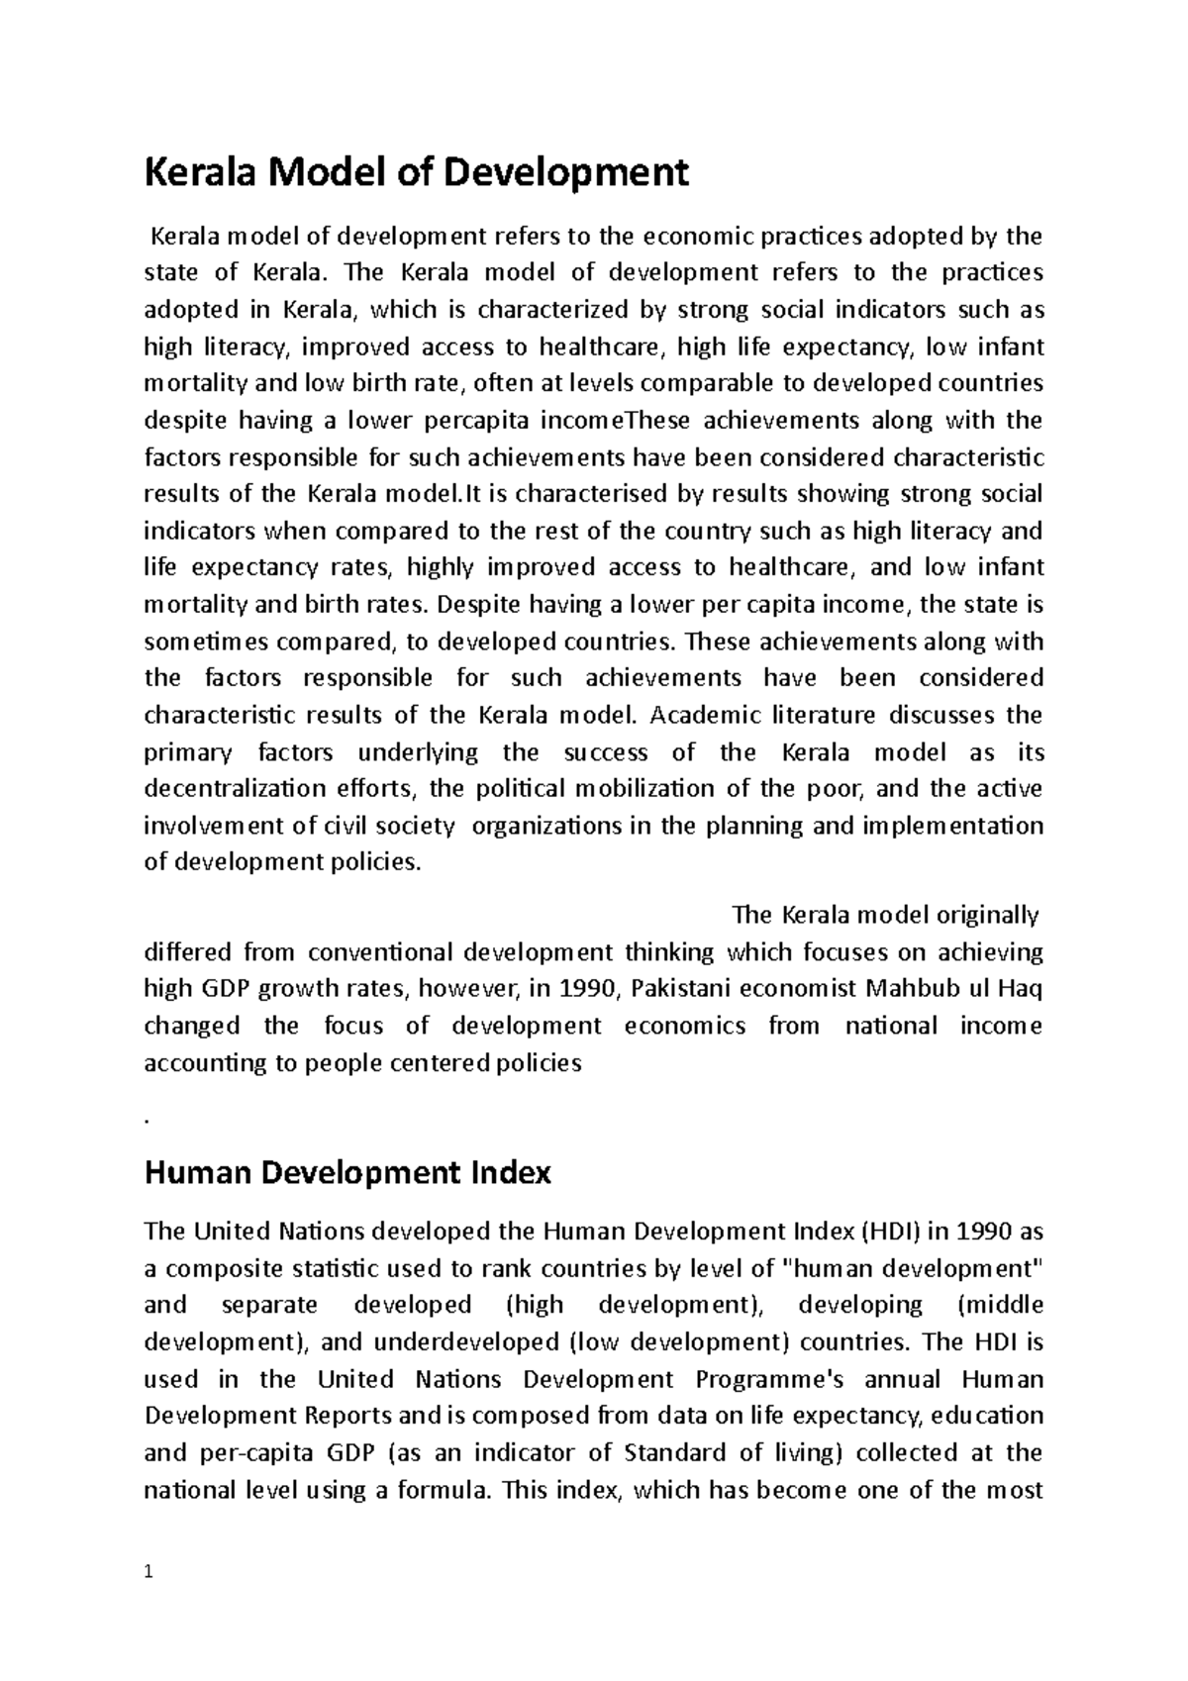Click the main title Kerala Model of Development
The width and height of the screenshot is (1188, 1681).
[416, 173]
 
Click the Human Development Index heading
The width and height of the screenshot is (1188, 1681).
[347, 1173]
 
